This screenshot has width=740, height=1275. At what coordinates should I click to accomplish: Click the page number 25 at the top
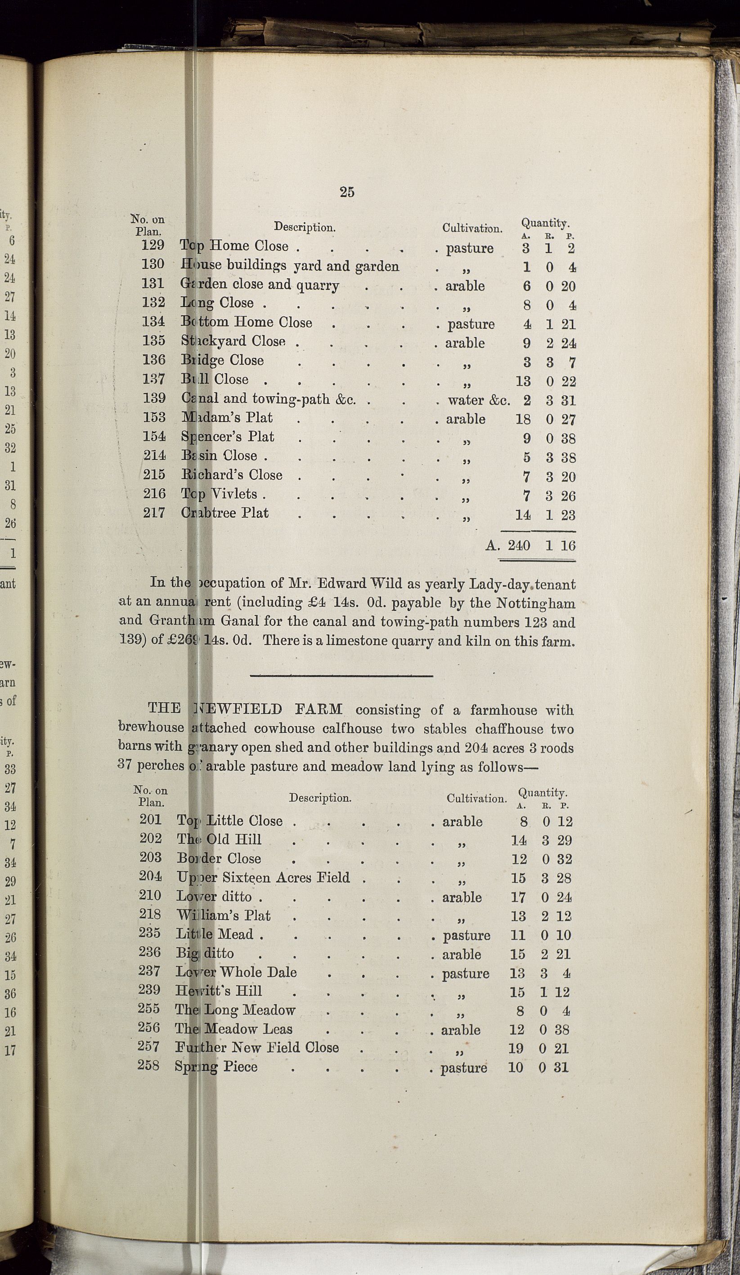pyautogui.click(x=347, y=192)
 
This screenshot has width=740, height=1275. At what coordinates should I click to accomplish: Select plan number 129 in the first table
pyautogui.click(x=153, y=245)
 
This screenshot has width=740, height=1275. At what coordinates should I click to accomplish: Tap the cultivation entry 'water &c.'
pyautogui.click(x=478, y=400)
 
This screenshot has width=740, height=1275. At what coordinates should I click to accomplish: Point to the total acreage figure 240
pyautogui.click(x=519, y=545)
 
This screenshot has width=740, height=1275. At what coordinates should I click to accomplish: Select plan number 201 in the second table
pyautogui.click(x=150, y=820)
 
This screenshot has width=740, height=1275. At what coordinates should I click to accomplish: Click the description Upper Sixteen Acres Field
pyautogui.click(x=263, y=877)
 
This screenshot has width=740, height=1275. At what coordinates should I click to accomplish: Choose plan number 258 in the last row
pyautogui.click(x=148, y=1065)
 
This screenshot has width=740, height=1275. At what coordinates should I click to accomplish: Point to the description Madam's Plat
pyautogui.click(x=227, y=418)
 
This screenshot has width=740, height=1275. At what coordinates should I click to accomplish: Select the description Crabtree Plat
pyautogui.click(x=225, y=513)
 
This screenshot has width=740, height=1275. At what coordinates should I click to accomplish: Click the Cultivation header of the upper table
pyautogui.click(x=472, y=228)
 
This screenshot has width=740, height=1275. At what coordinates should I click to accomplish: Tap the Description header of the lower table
pyautogui.click(x=320, y=798)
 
